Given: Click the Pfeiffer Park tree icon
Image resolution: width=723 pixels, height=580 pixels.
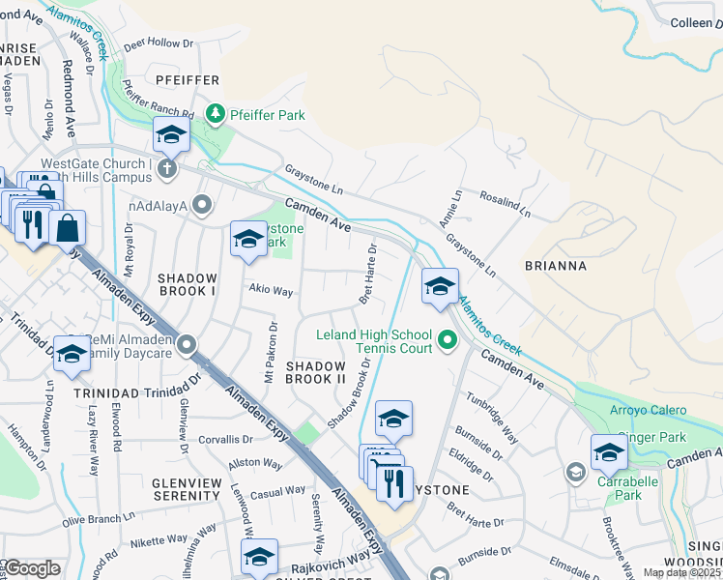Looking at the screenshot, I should point(217,115).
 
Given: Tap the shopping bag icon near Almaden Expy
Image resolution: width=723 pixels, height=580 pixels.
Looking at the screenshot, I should point(68,229).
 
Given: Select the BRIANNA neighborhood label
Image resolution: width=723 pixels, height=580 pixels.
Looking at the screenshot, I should point(556,264).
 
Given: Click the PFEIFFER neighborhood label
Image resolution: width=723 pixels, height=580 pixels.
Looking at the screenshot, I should point(183,80).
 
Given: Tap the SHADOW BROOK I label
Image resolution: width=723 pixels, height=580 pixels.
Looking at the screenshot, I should point(188,284).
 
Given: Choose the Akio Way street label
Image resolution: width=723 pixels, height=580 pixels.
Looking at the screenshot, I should point(271,290).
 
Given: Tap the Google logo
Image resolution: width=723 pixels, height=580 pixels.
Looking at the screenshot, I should point(32,568).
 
